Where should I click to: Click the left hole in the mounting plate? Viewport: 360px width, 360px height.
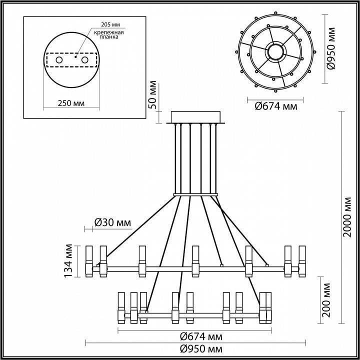[x=59, y=60]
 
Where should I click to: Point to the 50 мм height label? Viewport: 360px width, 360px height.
[x=153, y=95]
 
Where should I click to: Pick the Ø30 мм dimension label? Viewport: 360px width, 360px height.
[x=113, y=222]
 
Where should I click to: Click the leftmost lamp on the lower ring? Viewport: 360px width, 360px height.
[x=121, y=306]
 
